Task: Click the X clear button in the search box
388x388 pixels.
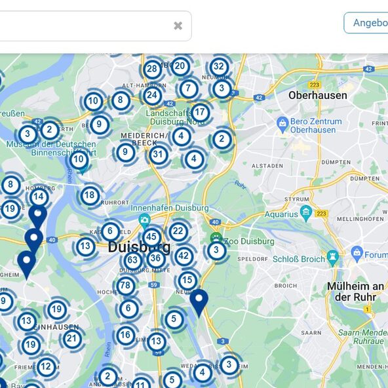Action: tap(178, 26)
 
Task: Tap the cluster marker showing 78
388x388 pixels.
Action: tap(126, 286)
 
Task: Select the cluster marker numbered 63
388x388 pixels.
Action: tap(132, 260)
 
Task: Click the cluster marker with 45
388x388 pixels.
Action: tap(152, 237)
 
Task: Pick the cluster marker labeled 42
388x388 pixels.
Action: tap(184, 256)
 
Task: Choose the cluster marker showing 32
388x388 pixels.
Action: tap(219, 67)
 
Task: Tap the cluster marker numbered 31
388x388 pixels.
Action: tap(158, 155)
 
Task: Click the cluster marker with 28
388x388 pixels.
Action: tap(152, 69)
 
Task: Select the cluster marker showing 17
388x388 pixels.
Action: tap(200, 112)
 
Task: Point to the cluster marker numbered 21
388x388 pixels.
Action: tap(72, 339)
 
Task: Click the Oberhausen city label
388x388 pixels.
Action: tap(318, 95)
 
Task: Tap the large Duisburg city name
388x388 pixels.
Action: tap(139, 247)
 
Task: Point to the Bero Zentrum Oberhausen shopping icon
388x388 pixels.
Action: tap(282, 123)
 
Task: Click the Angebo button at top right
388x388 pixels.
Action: tap(367, 23)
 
